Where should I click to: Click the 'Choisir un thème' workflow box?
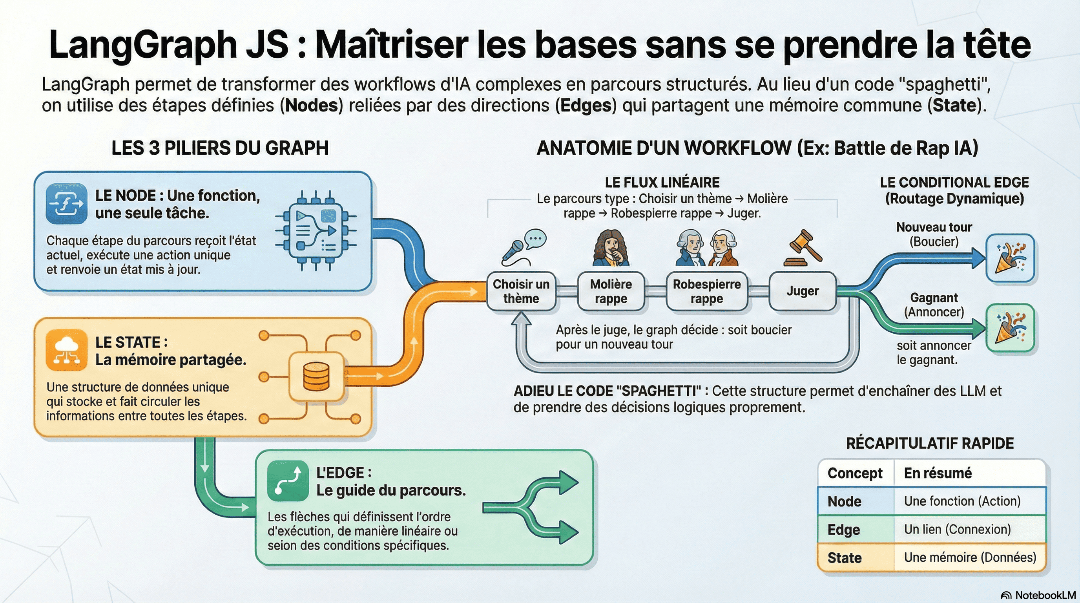[x=521, y=291]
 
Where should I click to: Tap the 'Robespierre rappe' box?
[x=706, y=291]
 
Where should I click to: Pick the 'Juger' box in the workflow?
[x=803, y=291]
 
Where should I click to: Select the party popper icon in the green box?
[x=1010, y=328]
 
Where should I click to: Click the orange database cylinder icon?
[x=316, y=376]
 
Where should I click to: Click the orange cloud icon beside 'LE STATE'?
[x=67, y=350]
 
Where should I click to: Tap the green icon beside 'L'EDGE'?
[x=288, y=481]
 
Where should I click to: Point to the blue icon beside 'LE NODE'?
[x=67, y=204]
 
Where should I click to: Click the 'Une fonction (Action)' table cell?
[x=962, y=501]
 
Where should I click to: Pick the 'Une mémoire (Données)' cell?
[x=970, y=557]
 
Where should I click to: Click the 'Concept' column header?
[x=854, y=473]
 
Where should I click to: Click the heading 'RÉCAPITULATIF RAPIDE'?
[x=929, y=443]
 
